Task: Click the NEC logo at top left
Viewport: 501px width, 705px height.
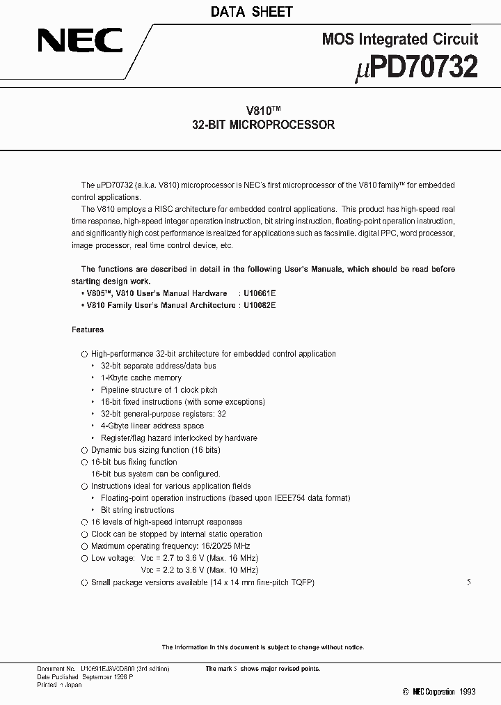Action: [80, 40]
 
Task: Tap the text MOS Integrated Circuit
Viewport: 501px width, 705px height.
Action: [400, 40]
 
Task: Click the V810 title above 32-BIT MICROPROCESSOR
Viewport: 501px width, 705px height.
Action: [262, 111]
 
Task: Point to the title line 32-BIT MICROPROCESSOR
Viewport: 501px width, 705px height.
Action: [263, 125]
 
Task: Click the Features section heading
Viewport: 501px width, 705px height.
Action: [88, 330]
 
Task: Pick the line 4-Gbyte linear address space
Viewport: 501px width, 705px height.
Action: [152, 426]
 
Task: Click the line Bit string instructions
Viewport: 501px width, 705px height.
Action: [137, 510]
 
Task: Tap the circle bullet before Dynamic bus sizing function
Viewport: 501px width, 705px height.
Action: [84, 450]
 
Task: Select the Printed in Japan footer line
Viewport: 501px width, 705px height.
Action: [59, 685]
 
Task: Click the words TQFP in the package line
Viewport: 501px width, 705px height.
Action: [302, 582]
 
